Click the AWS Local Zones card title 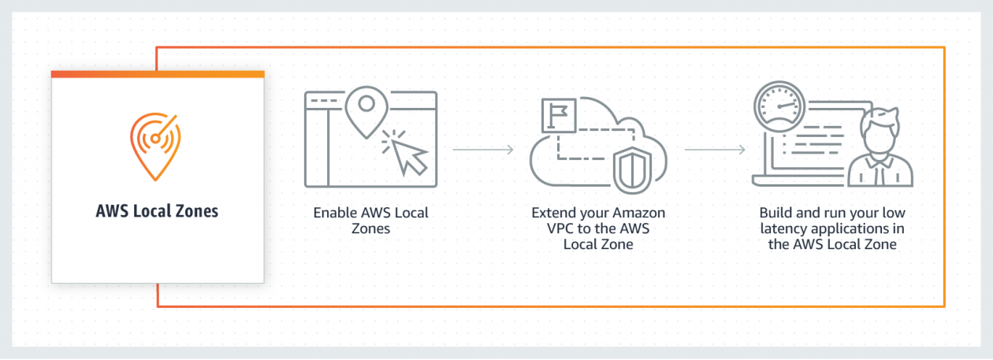pos(157,211)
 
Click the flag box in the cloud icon pos(559,116)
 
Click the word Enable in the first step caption pos(333,213)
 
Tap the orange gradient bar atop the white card pos(157,74)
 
